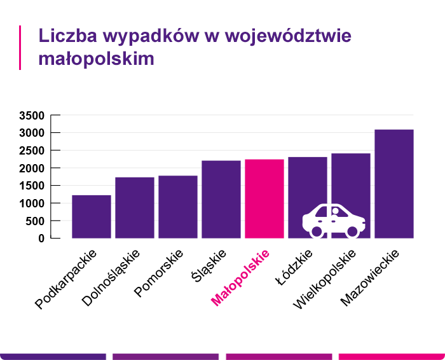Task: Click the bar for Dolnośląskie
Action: pyautogui.click(x=135, y=207)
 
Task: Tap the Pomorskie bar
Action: pyautogui.click(x=178, y=207)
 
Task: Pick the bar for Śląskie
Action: pyautogui.click(x=221, y=199)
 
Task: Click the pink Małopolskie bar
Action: pyautogui.click(x=264, y=198)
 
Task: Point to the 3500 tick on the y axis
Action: pyautogui.click(x=31, y=116)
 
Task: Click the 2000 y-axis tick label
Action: pyautogui.click(x=31, y=169)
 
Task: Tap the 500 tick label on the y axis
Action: pyautogui.click(x=34, y=221)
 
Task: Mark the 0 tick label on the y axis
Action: pyautogui.click(x=41, y=239)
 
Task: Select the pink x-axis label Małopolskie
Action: pyautogui.click(x=240, y=278)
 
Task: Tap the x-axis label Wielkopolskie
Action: pyautogui.click(x=325, y=279)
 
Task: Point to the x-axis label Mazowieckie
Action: pyautogui.click(x=370, y=277)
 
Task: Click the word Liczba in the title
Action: pyautogui.click(x=64, y=36)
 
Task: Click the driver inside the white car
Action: pyautogui.click(x=336, y=213)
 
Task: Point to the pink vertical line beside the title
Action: pyautogui.click(x=20, y=47)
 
